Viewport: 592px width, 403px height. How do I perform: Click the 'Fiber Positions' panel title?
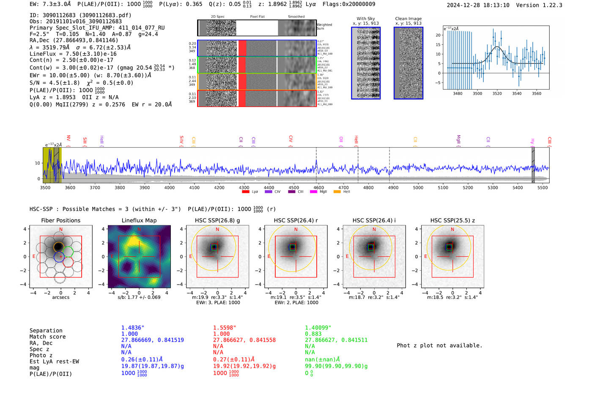pos(60,220)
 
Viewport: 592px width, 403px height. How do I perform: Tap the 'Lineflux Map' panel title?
pos(139,220)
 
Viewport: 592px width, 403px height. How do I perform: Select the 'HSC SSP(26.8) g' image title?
pos(217,220)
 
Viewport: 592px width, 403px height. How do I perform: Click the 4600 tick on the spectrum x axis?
pos(318,188)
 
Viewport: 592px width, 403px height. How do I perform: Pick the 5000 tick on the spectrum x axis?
pos(418,188)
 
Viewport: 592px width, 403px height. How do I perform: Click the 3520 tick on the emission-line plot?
pos(497,93)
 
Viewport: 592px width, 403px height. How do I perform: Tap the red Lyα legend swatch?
pos(246,192)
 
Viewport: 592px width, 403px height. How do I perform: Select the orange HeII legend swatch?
pos(337,192)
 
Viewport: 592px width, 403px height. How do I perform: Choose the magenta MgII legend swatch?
pos(313,192)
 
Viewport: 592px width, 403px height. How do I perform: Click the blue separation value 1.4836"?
pos(133,328)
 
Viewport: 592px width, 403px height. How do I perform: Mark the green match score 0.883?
pos(313,334)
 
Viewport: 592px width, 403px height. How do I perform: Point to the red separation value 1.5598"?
pos(225,328)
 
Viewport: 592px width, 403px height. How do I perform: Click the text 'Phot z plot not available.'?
pos(439,345)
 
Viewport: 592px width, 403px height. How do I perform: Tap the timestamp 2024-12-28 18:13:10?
pos(478,5)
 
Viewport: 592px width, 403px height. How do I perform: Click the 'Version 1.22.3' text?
pos(539,5)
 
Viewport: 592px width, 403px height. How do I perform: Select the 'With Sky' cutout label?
pos(366,19)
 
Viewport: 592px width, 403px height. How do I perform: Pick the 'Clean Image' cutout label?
pos(408,19)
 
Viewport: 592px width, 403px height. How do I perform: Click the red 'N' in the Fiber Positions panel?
pos(61,230)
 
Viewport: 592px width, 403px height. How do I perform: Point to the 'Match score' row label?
pos(47,337)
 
